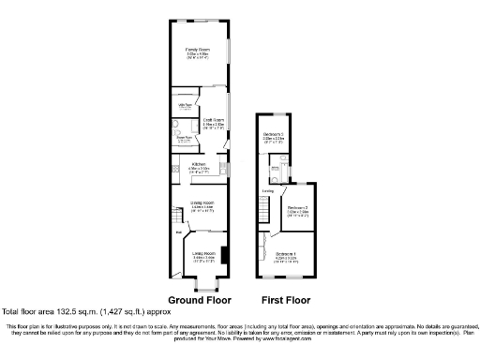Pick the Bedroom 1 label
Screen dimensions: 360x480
pyautogui.click(x=286, y=254)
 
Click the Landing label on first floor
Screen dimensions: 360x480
pyautogui.click(x=267, y=191)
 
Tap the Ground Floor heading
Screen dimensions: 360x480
pyautogui.click(x=200, y=301)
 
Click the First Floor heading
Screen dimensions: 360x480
pyautogui.click(x=285, y=301)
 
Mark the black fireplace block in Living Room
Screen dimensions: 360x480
pyautogui.click(x=221, y=255)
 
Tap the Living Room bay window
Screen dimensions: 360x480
pyautogui.click(x=203, y=280)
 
